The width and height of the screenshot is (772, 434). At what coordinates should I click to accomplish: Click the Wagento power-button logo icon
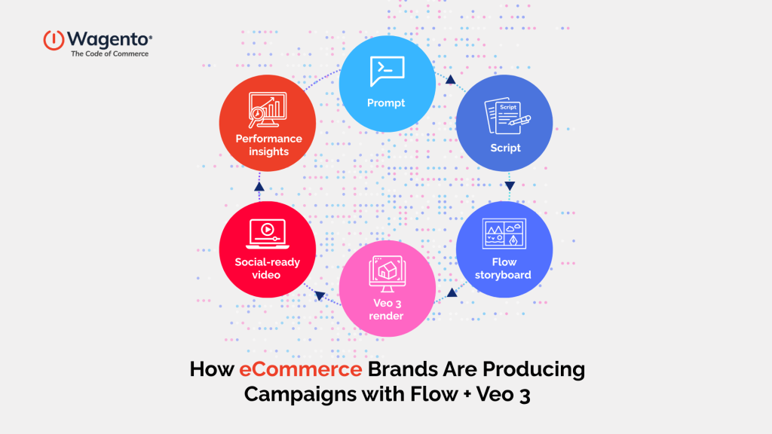(54, 40)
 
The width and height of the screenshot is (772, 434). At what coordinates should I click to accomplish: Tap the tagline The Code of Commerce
(109, 54)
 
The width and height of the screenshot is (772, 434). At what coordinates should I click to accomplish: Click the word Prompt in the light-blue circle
(386, 103)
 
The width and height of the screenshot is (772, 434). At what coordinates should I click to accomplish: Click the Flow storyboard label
(504, 268)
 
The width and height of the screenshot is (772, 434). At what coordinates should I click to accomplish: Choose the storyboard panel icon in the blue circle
(504, 232)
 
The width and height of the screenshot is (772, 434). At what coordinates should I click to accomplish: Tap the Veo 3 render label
(386, 310)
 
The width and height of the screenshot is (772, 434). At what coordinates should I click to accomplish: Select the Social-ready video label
(267, 268)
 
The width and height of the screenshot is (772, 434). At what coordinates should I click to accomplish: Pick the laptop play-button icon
(267, 232)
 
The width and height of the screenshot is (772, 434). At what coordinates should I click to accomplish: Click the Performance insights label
(268, 145)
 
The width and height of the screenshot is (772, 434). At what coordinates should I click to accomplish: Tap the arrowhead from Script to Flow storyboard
(510, 185)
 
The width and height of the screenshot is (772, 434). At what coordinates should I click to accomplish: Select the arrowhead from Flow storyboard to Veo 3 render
(452, 292)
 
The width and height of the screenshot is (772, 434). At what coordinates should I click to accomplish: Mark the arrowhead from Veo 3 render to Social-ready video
(319, 295)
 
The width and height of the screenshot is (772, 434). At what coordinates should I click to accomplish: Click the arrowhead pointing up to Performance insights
(259, 185)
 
